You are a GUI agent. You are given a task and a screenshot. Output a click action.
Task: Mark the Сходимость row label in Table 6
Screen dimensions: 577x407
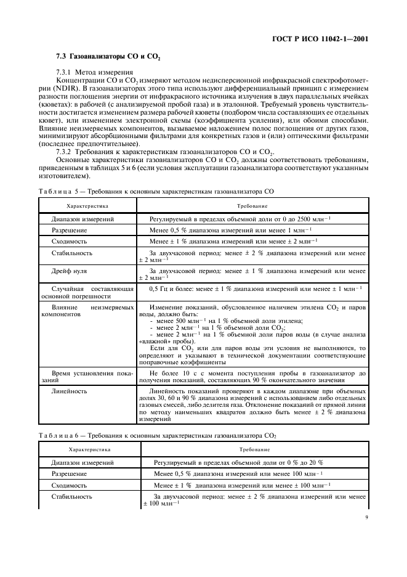click(x=70, y=485)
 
